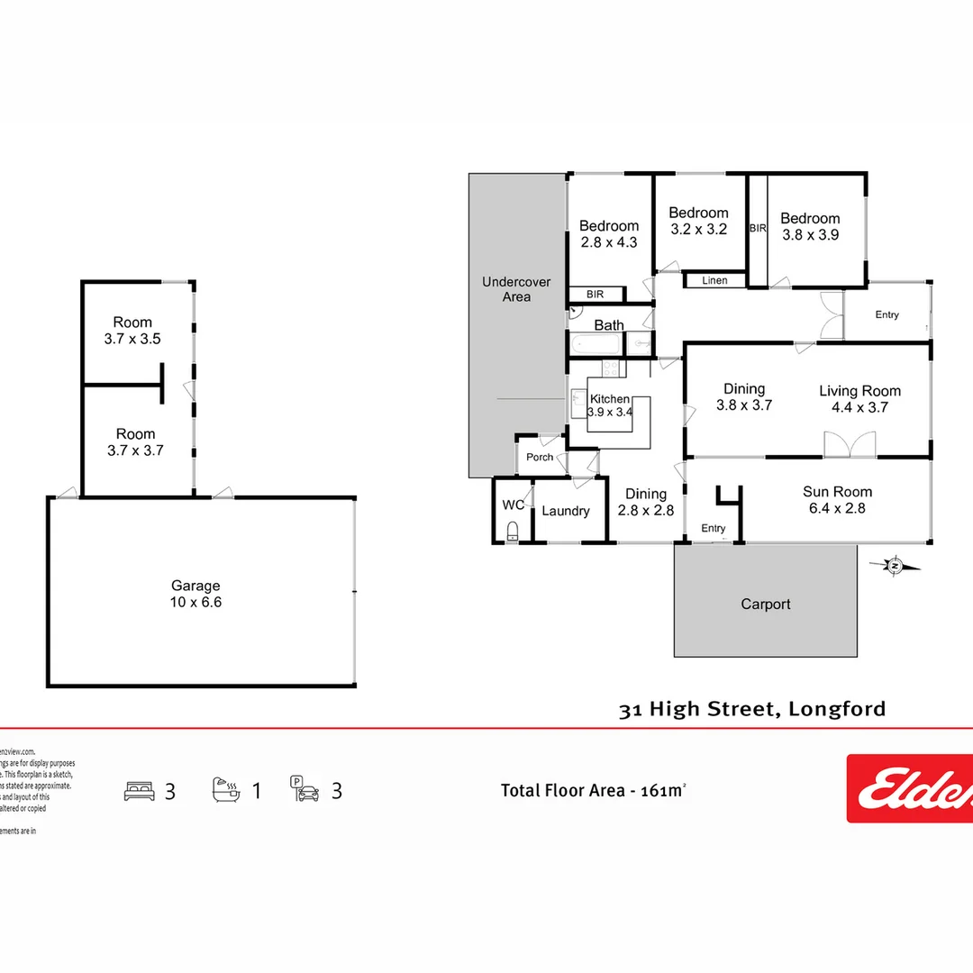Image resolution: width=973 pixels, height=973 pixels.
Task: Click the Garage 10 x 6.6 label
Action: [196, 594]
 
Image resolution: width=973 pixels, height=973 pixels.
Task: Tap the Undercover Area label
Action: [516, 289]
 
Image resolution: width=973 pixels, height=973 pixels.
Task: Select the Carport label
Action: [766, 604]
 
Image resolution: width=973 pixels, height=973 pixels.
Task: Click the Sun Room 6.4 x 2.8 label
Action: [837, 500]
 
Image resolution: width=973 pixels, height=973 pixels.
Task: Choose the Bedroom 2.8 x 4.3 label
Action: [609, 234]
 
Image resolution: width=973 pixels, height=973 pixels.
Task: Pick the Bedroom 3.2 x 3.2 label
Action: [698, 221]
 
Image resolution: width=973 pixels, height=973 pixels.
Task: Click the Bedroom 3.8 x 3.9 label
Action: [810, 226]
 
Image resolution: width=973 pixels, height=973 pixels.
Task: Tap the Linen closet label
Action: [714, 280]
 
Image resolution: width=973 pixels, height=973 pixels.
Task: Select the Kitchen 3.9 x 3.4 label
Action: [610, 405]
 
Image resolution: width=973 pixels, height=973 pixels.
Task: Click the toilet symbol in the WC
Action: [513, 529]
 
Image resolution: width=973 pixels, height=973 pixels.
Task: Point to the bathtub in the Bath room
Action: [596, 343]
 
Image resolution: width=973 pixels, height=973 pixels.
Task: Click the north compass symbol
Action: [895, 566]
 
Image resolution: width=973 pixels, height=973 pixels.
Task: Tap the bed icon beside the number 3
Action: [139, 792]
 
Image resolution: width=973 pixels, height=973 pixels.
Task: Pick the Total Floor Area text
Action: [594, 791]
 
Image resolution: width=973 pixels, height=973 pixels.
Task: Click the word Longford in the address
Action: [837, 709]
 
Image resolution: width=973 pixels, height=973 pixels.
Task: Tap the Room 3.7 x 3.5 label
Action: [132, 331]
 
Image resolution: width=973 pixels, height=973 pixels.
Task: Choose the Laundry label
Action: [565, 511]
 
